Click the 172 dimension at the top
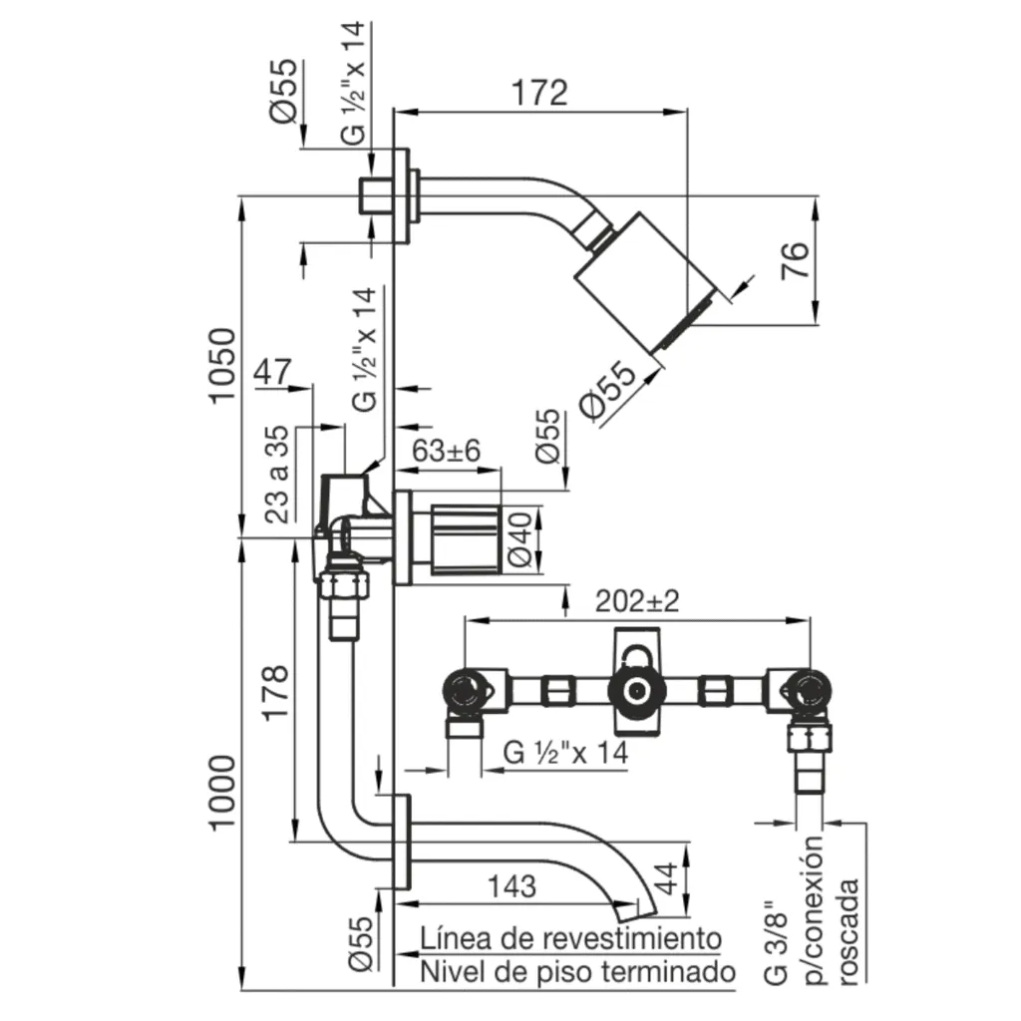point(539,93)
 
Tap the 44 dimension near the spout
point(667,878)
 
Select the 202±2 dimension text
point(637,602)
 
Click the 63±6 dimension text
point(447,451)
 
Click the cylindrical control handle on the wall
point(466,538)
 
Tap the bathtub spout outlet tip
point(632,909)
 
